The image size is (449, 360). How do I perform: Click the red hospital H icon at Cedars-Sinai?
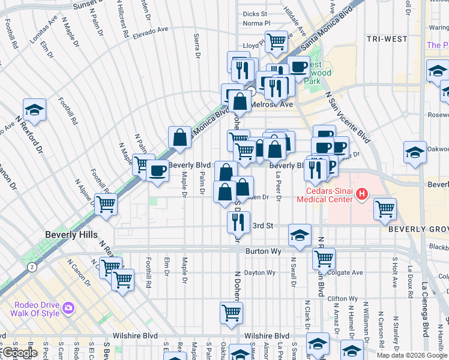pos(362,193)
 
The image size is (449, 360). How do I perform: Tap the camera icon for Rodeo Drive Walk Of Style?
pos(68,308)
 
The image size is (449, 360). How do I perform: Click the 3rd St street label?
pos(263,226)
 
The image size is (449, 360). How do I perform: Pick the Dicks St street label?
pos(255,14)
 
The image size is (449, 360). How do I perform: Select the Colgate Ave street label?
pos(349,272)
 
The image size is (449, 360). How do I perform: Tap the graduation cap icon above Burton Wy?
pos(300,235)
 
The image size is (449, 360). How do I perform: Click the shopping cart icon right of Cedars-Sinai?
pos(385,208)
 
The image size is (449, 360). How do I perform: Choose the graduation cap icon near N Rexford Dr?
pos(35,109)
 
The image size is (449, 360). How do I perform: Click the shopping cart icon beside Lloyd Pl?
pos(276,41)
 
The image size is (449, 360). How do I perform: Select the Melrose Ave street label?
pos(271,104)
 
